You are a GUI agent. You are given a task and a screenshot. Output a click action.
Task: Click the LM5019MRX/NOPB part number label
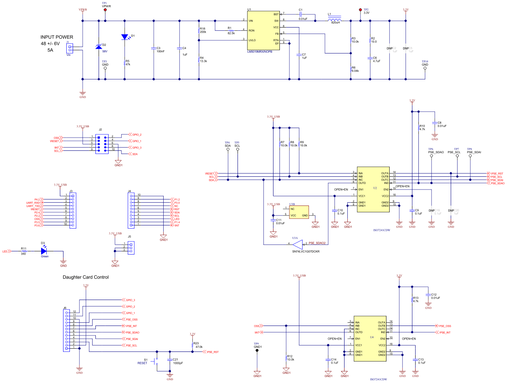[x=259, y=51]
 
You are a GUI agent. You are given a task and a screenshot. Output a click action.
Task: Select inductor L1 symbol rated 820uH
[x=335, y=20]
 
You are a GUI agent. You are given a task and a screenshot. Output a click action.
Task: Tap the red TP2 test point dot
[x=360, y=10]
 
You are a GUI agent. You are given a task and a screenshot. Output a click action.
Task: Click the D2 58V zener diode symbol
[x=99, y=47]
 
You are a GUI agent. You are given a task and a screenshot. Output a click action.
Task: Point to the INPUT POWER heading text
[x=57, y=37]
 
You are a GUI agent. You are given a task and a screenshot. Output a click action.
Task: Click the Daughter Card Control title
[x=85, y=277]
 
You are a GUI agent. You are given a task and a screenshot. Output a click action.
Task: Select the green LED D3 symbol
[x=44, y=251]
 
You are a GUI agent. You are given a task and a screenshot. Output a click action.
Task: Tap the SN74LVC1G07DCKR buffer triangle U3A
[x=297, y=243]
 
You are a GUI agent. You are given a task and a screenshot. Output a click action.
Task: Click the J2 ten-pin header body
[x=102, y=144]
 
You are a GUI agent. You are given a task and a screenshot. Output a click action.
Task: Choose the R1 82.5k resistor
[x=231, y=30]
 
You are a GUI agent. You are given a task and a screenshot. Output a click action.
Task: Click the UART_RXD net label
[x=33, y=203]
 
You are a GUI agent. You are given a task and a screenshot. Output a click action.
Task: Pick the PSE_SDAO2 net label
[x=317, y=243]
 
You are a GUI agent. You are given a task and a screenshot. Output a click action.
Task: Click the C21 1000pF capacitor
[x=170, y=359]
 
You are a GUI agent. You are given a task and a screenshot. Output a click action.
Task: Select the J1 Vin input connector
[x=69, y=48]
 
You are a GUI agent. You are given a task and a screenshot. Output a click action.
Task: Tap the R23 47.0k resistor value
[x=199, y=347]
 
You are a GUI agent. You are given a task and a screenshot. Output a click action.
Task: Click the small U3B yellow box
[x=299, y=212]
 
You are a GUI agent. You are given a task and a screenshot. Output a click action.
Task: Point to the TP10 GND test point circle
[x=425, y=68]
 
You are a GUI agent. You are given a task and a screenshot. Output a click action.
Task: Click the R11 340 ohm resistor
[x=24, y=251]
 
